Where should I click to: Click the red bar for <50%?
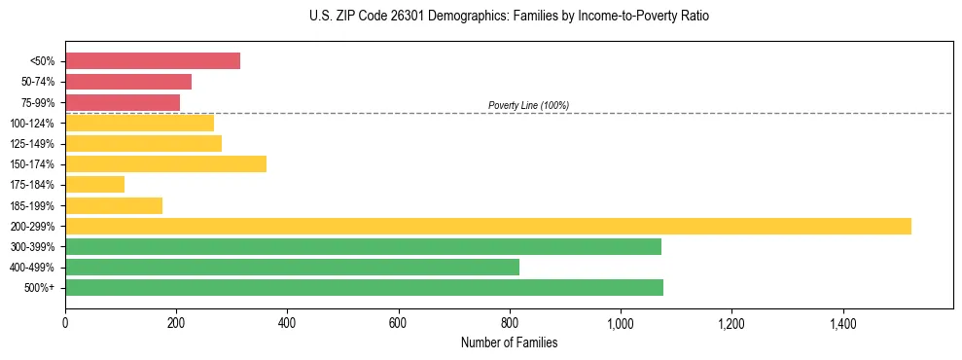tap(153, 60)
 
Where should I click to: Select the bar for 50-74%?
tap(128, 82)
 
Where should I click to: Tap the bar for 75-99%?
tap(123, 102)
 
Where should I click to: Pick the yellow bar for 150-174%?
tap(165, 163)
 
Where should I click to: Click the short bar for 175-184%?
tap(94, 184)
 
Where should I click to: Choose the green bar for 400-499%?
tap(292, 267)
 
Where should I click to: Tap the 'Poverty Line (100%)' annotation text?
tap(528, 105)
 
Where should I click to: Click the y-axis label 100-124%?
tap(32, 124)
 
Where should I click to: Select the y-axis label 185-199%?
tap(32, 205)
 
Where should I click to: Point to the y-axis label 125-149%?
tap(32, 144)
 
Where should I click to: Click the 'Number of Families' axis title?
tap(509, 342)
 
